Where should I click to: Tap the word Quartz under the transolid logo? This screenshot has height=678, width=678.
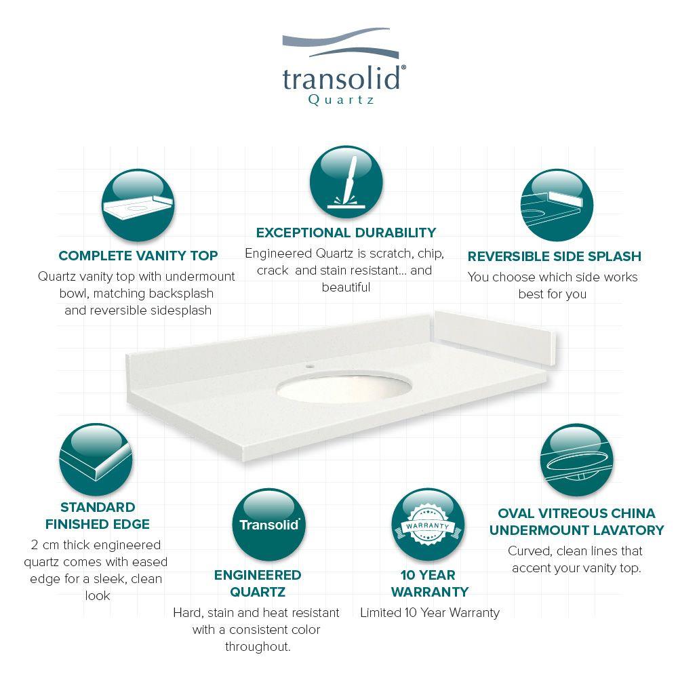[341, 100]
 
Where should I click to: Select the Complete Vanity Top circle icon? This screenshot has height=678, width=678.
[138, 205]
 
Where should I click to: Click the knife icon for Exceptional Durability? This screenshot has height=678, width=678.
[346, 182]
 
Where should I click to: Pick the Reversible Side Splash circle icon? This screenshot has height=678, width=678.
[557, 205]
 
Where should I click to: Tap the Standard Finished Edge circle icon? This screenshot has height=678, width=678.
[96, 459]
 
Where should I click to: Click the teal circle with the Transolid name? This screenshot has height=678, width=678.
[269, 525]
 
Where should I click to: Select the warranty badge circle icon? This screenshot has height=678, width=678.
[428, 525]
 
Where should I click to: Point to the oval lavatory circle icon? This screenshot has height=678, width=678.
[576, 460]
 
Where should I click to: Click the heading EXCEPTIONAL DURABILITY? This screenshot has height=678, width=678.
[346, 233]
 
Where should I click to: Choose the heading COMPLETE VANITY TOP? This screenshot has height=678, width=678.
[138, 256]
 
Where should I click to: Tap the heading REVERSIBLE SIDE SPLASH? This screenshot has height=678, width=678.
[555, 256]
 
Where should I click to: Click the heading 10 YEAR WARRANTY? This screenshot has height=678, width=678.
[429, 583]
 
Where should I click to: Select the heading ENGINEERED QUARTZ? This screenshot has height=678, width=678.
[258, 583]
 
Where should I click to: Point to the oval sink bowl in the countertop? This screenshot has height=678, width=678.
[344, 388]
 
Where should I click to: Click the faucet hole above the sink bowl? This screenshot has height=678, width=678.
[309, 366]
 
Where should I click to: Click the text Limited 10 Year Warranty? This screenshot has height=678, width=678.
[430, 612]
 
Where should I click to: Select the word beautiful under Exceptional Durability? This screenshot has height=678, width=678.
[346, 287]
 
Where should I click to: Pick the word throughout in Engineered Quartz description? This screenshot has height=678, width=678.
[258, 646]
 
